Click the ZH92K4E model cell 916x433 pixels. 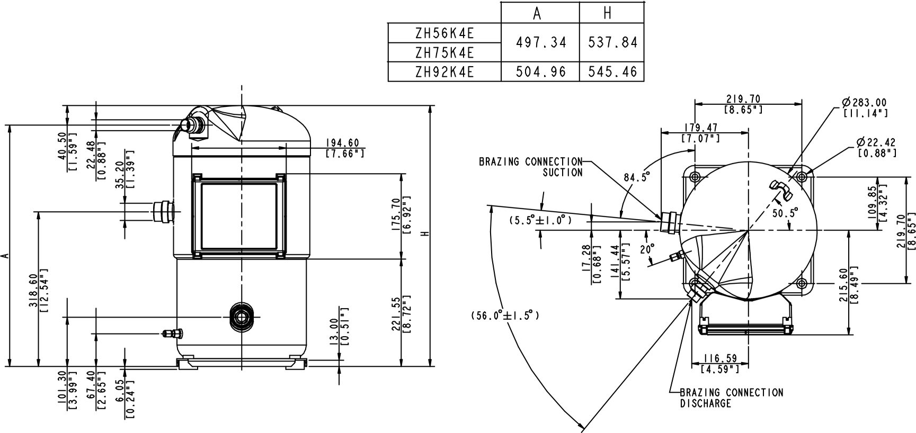[x=444, y=71]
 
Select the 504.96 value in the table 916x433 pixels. [x=541, y=71]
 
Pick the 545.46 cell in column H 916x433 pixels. [x=612, y=71]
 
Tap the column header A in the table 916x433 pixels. [x=537, y=13]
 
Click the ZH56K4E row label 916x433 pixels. [x=444, y=33]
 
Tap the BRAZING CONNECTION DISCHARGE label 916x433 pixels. [x=731, y=398]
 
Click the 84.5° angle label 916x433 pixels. [x=636, y=178]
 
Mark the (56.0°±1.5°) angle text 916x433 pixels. [x=505, y=315]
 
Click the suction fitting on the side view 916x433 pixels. [x=163, y=212]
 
